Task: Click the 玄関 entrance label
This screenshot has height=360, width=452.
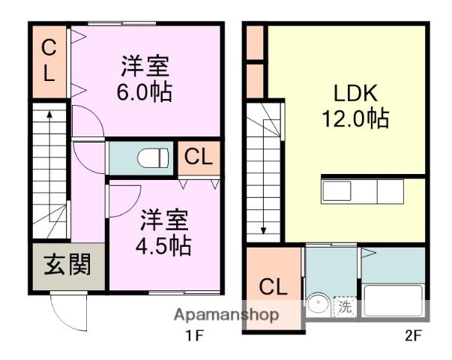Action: coord(67,265)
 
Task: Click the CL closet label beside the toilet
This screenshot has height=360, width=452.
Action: coord(199,158)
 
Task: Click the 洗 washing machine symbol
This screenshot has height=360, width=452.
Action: coord(344,306)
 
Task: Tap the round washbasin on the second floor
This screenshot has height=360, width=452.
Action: coord(318,306)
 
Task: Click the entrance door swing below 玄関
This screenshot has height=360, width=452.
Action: coord(67,307)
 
